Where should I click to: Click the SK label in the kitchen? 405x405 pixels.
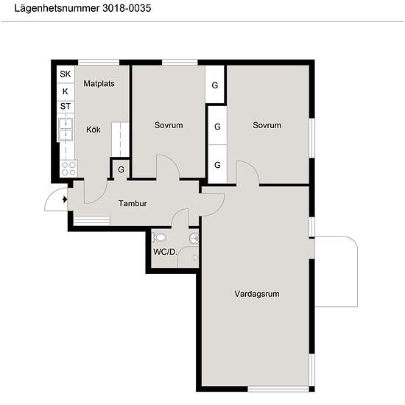65,74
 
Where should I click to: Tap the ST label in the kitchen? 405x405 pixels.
65,106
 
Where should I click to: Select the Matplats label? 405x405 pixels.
99,84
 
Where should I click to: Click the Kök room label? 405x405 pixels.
94,130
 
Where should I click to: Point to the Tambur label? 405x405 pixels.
133,203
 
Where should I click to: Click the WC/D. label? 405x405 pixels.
165,252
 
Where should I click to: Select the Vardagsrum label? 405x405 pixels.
257,294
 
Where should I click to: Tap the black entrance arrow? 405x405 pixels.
65,200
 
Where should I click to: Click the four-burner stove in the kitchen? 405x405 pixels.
68,169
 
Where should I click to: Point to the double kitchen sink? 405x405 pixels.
66,130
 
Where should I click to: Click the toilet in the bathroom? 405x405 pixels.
158,237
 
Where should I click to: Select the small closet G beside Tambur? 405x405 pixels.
121,169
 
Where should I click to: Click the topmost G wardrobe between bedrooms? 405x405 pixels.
214,85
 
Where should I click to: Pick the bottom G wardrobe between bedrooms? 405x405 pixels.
217,164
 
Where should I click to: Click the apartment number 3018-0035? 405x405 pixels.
127,8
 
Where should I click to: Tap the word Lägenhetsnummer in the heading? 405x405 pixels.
57,8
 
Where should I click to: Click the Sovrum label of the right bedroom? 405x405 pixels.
267,125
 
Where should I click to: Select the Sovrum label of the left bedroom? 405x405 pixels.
169,125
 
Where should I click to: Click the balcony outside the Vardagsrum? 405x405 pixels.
336,272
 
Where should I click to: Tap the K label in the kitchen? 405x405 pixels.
65,91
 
